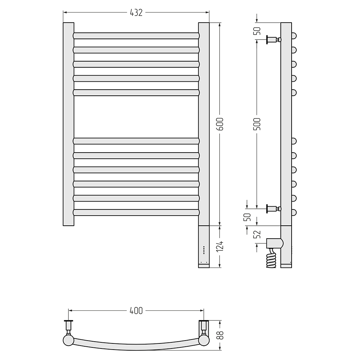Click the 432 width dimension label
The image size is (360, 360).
coord(136,13)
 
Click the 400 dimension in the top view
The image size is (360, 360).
coord(136,311)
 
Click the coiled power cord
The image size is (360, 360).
coord(271,258)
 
